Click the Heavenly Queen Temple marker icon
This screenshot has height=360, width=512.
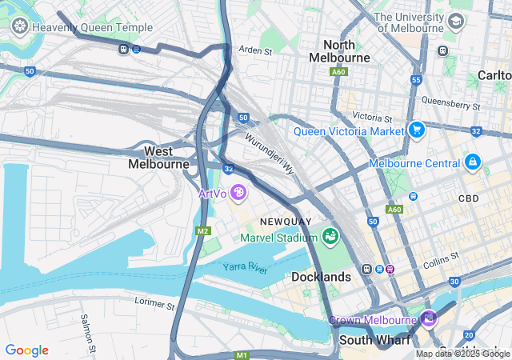pyautogui.click(x=19, y=27)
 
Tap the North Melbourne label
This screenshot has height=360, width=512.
pyautogui.click(x=345, y=51)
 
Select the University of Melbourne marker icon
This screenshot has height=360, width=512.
pyautogui.click(x=456, y=21)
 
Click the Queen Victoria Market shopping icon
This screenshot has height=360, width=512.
pyautogui.click(x=416, y=130)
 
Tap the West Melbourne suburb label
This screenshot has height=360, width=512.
pyautogui.click(x=158, y=157)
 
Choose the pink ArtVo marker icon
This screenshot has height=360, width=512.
pyautogui.click(x=238, y=193)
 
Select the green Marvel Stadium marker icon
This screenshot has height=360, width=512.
pyautogui.click(x=330, y=236)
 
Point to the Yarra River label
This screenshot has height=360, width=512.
pyautogui.click(x=245, y=267)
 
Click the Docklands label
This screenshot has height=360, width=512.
pyautogui.click(x=321, y=277)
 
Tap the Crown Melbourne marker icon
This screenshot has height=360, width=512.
pyautogui.click(x=430, y=319)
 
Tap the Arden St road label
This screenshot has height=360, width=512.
pyautogui.click(x=255, y=50)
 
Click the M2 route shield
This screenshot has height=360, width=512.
pyautogui.click(x=202, y=230)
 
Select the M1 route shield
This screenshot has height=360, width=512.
pyautogui.click(x=242, y=354)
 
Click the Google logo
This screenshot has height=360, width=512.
pyautogui.click(x=26, y=350)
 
